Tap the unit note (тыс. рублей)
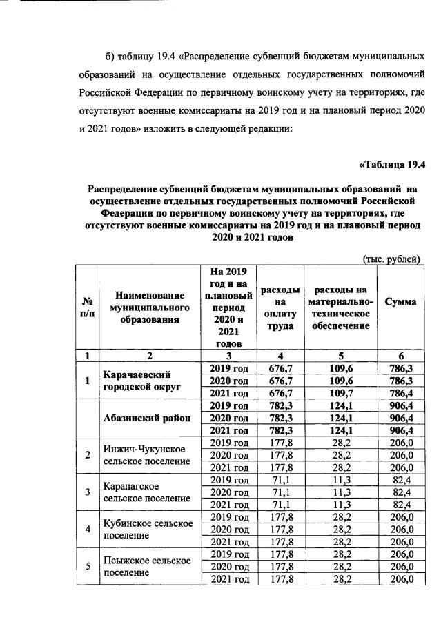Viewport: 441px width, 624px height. (x=391, y=259)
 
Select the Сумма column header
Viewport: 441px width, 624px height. (x=400, y=302)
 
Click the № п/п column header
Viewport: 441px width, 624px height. (x=88, y=308)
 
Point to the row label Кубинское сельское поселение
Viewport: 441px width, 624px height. (x=147, y=528)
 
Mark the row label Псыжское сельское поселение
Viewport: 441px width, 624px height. (x=147, y=566)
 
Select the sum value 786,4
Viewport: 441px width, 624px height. (x=400, y=394)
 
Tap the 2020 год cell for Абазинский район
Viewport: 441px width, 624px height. (x=228, y=418)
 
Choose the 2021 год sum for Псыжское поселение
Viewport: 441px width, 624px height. (x=400, y=579)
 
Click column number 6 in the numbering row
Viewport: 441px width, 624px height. (x=400, y=356)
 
